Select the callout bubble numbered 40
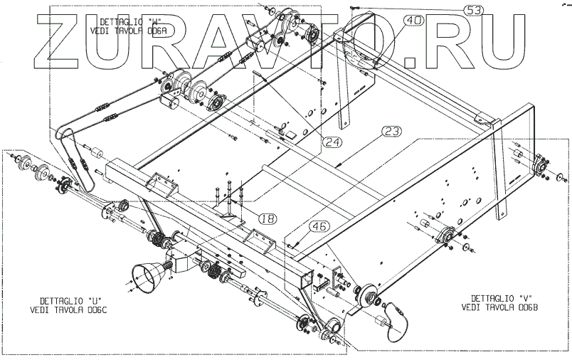(x=413, y=21)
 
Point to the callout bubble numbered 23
(x=391, y=131)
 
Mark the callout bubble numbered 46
(x=319, y=227)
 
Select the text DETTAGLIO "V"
(x=502, y=297)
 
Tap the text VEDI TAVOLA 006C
(x=64, y=309)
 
